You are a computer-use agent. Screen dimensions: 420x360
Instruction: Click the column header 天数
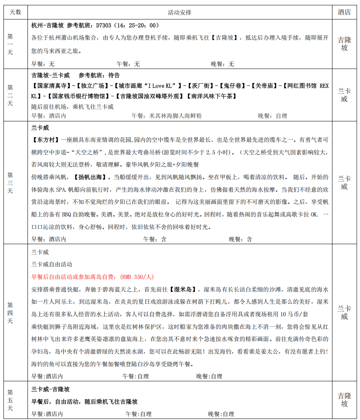pos(15,12)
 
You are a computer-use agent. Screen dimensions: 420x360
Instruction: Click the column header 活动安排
pos(180,12)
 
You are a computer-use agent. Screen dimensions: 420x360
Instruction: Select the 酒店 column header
pos(344,12)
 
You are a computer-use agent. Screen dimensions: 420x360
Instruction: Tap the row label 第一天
pos(10,44)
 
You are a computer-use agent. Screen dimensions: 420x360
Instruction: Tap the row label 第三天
pos(10,183)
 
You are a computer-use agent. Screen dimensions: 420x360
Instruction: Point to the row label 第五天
pos(10,400)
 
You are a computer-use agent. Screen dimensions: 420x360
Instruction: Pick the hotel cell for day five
pos(344,400)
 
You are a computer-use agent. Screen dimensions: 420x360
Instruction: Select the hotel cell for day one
pos(344,44)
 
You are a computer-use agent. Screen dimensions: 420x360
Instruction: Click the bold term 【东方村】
pos(46,139)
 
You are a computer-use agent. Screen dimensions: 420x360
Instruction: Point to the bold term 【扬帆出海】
pos(90,177)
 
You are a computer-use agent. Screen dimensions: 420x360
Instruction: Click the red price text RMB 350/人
pos(137,277)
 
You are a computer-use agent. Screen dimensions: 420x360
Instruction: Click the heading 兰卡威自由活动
pos(52,264)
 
